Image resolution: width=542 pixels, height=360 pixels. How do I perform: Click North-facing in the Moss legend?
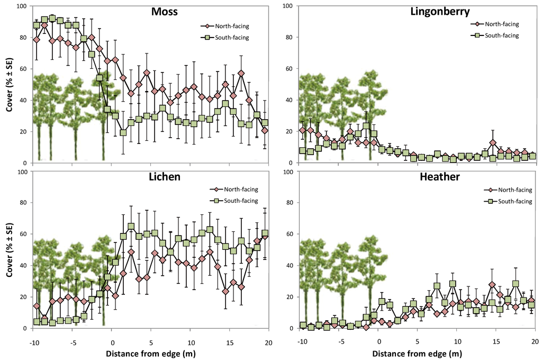coord(230,25)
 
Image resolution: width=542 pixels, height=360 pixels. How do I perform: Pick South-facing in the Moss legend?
coord(230,38)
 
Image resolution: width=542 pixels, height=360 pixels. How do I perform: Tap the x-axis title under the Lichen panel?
coord(151,353)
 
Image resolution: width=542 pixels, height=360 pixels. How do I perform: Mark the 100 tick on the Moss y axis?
coord(21,6)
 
